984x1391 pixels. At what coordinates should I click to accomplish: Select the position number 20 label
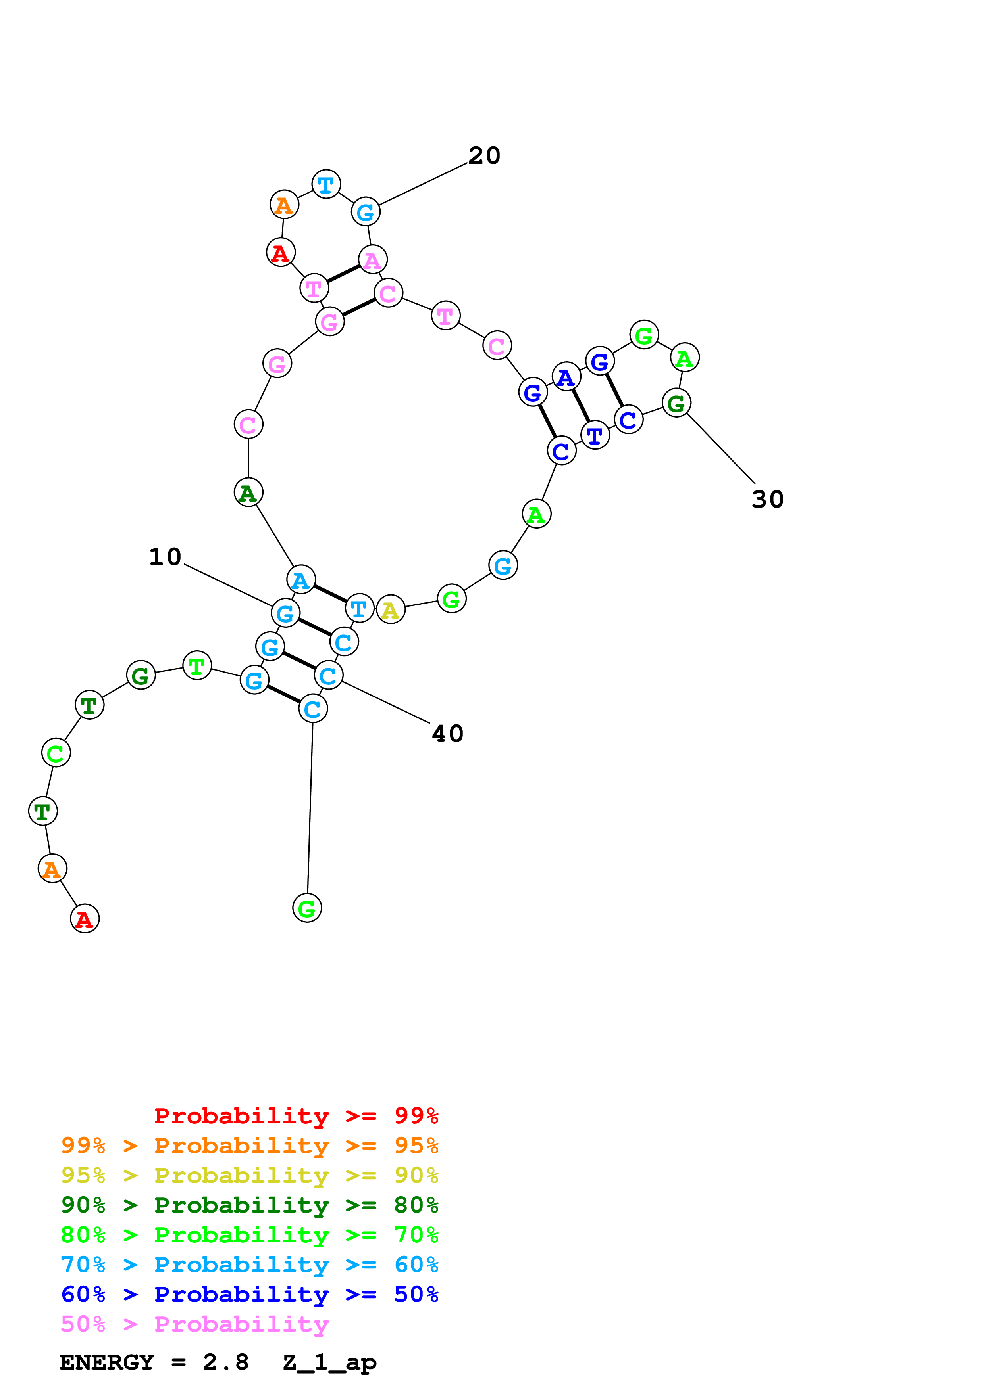[x=484, y=156]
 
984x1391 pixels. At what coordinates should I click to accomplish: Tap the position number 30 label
[x=768, y=499]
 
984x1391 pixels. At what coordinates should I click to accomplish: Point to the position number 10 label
[x=165, y=557]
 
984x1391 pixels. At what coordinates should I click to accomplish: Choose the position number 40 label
[x=447, y=734]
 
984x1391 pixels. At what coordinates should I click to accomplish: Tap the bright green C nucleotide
[x=56, y=753]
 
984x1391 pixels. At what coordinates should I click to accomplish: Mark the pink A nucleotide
[x=372, y=260]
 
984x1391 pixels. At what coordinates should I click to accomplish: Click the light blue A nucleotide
[x=301, y=580]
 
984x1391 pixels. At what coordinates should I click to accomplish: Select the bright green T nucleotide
[x=196, y=667]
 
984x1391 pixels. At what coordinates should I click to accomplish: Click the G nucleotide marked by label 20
[x=366, y=212]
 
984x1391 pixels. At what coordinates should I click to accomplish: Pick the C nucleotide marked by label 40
[x=328, y=676]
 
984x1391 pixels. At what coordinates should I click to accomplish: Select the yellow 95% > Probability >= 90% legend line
[x=249, y=1175]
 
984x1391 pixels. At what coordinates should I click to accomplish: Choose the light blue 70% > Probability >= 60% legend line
[x=249, y=1265]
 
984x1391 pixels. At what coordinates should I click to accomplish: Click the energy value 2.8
[x=225, y=1362]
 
